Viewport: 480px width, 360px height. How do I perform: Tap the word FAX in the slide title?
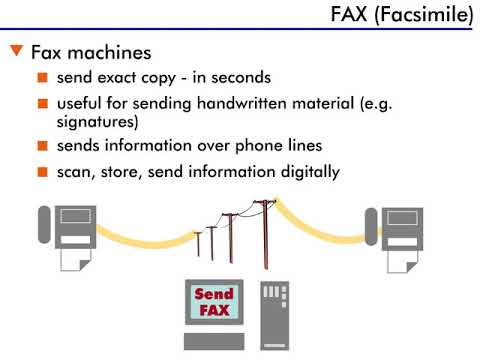352,16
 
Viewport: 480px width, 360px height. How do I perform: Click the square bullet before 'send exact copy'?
42,78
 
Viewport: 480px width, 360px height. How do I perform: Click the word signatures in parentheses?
95,122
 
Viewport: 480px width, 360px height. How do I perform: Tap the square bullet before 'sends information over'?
42,147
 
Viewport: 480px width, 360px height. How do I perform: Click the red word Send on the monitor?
214,294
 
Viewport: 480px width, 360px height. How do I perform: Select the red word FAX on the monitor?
214,310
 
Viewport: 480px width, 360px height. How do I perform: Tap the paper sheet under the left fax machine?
75,257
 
